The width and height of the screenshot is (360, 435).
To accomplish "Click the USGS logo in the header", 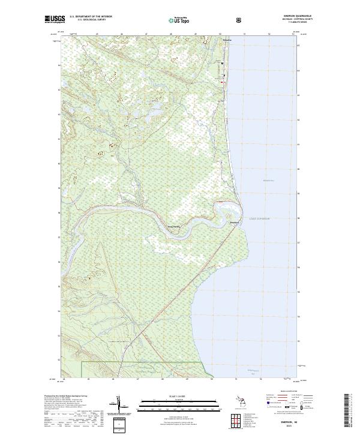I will pyautogui.click(x=55, y=20).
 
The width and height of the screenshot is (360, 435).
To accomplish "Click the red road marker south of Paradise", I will pyautogui.click(x=224, y=83).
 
